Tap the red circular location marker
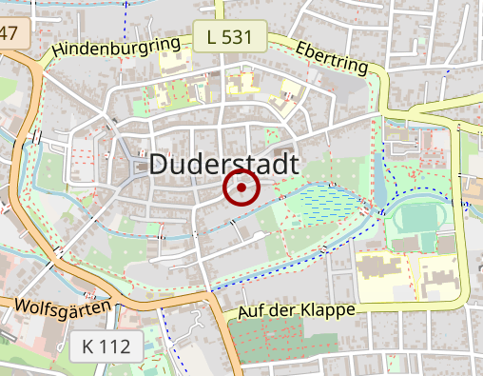(x=241, y=188)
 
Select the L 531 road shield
(x=227, y=37)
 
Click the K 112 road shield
(x=106, y=346)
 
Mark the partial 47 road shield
(x=10, y=35)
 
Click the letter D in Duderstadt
(x=161, y=164)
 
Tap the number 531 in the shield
(x=237, y=37)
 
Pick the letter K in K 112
(x=87, y=346)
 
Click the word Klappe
(x=326, y=310)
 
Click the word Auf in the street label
(x=252, y=311)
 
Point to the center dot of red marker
(x=241, y=188)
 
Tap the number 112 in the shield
(x=114, y=346)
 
